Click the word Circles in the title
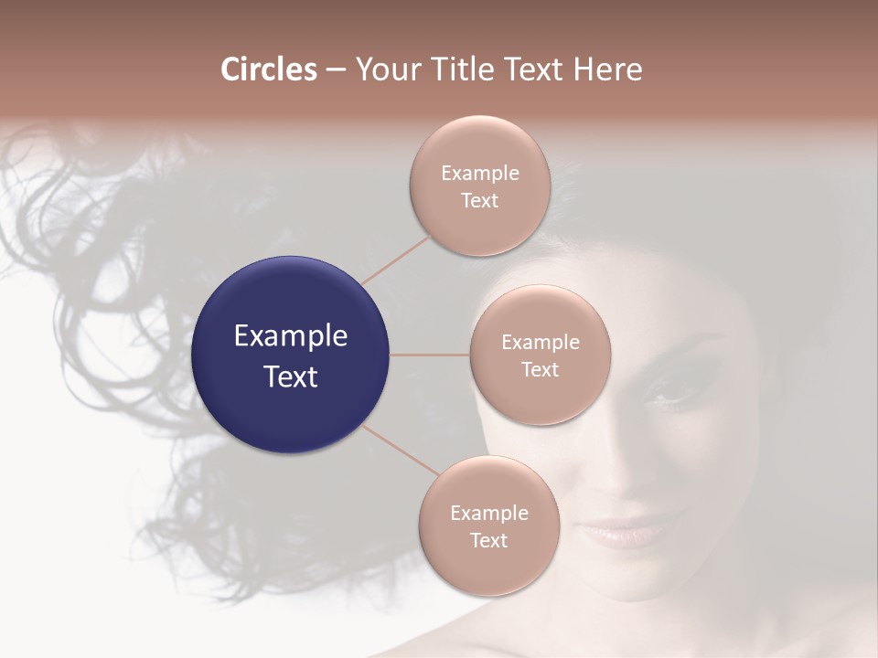[268, 69]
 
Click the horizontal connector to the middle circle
[429, 355]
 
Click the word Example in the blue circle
[291, 336]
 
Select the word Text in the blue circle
[291, 377]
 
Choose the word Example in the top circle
[480, 174]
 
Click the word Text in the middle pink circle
[540, 370]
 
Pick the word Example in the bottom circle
[489, 514]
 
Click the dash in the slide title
[336, 70]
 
